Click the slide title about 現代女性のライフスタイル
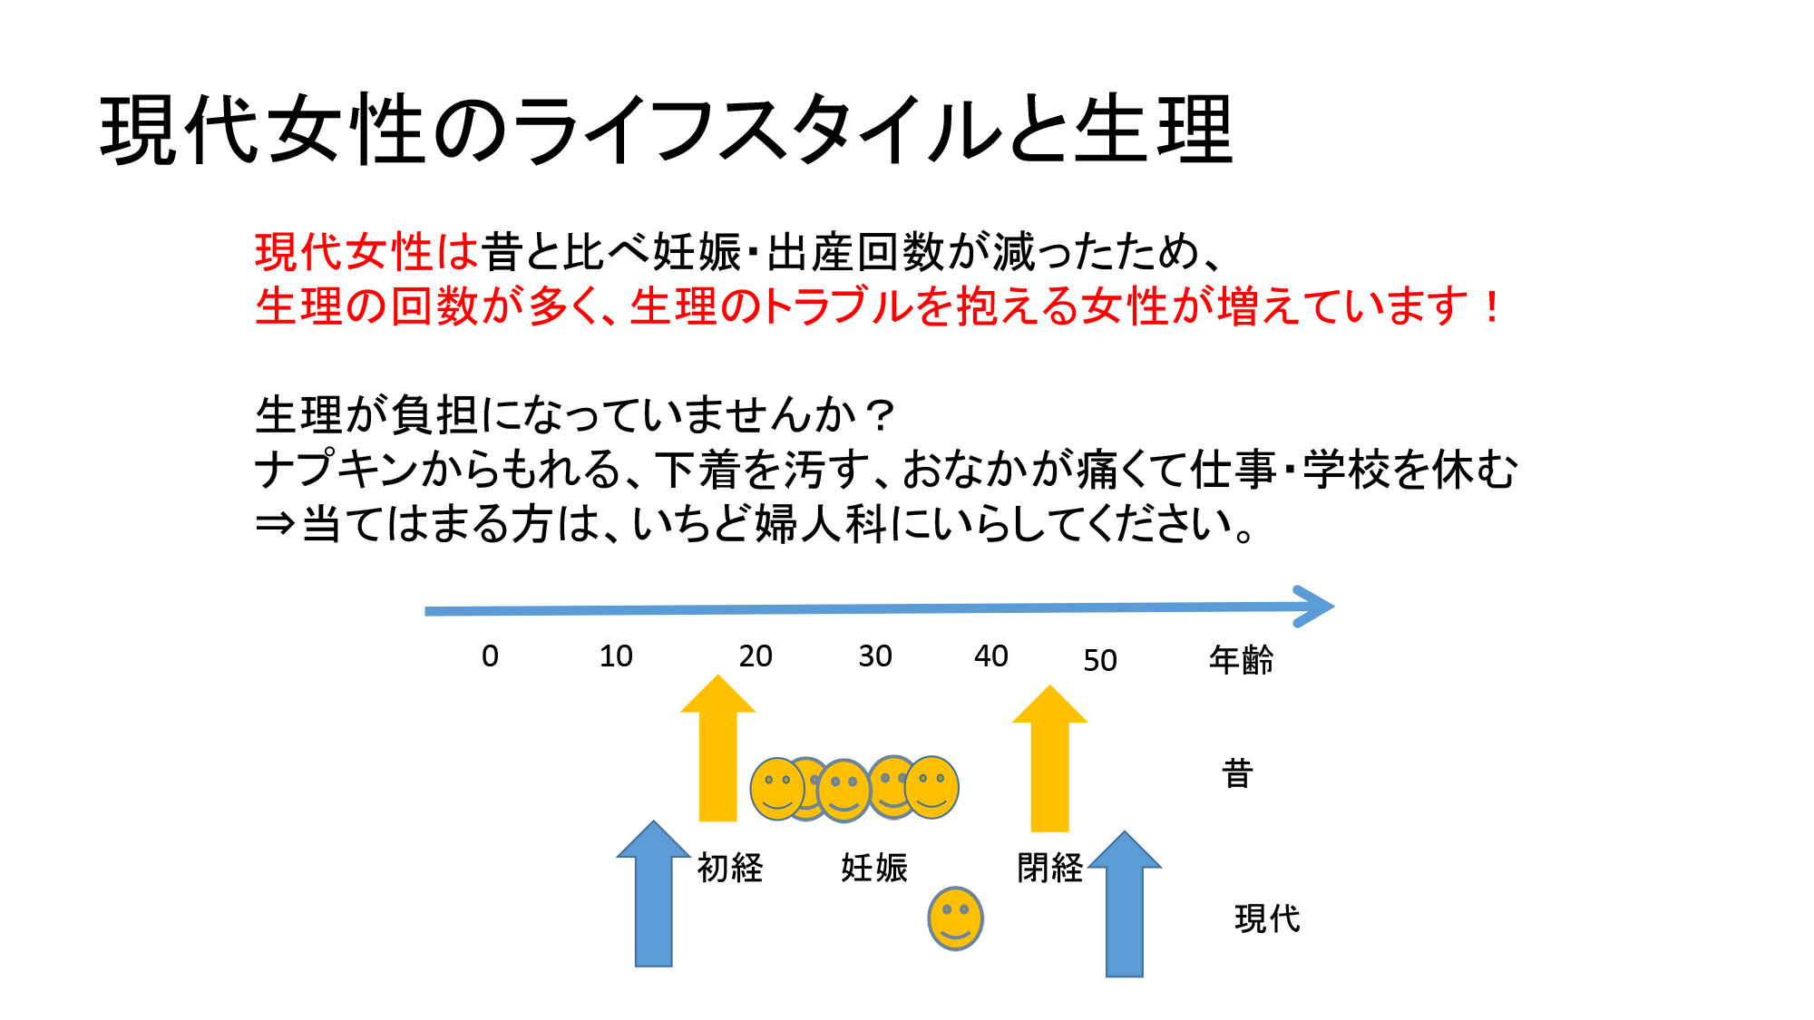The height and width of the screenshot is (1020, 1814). (667, 130)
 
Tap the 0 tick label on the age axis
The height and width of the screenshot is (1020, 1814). (490, 656)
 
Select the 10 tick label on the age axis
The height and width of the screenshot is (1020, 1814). (616, 656)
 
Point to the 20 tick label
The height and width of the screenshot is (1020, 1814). (756, 656)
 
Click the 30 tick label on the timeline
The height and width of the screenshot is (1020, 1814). (875, 656)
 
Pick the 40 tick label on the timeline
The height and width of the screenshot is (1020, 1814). (991, 656)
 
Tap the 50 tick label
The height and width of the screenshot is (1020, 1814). (1100, 660)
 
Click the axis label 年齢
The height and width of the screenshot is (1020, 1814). (1241, 659)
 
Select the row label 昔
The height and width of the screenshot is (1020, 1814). (1238, 773)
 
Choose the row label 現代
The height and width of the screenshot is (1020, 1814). (1267, 918)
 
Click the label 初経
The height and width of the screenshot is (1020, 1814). (730, 868)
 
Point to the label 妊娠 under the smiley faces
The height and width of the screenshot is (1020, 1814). (874, 868)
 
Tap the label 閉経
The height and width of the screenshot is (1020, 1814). (1049, 868)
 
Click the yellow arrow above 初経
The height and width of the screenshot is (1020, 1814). (718, 748)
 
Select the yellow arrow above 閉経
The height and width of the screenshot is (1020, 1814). (1050, 758)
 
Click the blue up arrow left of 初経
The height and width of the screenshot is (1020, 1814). (653, 894)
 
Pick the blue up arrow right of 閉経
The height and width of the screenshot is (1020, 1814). (1125, 904)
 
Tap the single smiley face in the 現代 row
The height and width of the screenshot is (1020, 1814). (955, 918)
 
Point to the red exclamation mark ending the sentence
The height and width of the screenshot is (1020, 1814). (1491, 306)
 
